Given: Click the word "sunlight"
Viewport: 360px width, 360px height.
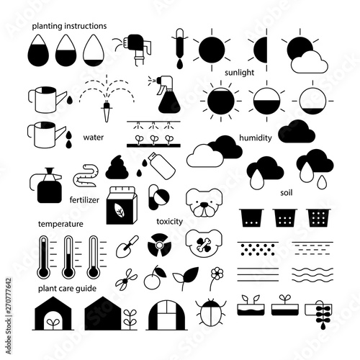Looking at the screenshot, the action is [x=239, y=73].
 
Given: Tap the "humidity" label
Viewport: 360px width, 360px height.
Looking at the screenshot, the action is [x=256, y=138].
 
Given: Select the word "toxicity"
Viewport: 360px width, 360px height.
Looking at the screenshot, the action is [x=170, y=221].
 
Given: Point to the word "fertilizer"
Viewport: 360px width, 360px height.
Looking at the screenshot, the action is [x=84, y=200].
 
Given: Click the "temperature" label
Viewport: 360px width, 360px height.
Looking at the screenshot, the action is [x=60, y=224].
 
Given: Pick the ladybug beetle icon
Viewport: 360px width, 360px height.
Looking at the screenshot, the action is [x=211, y=312].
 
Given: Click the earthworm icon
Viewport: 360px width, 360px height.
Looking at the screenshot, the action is [x=86, y=176].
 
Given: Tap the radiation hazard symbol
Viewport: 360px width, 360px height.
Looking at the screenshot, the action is [x=159, y=245].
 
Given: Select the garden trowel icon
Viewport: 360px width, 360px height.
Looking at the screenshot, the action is [x=127, y=246].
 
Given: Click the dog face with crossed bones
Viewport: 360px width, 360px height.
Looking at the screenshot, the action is [x=204, y=243].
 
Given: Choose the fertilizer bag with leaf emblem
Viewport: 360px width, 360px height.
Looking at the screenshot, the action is [x=122, y=205].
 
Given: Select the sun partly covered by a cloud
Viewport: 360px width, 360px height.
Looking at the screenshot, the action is [x=305, y=54].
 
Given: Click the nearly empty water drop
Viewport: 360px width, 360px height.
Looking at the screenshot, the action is [x=94, y=50].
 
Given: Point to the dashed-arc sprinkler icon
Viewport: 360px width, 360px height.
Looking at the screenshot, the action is [x=107, y=98].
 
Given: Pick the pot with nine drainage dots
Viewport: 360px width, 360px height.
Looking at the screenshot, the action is [x=318, y=217].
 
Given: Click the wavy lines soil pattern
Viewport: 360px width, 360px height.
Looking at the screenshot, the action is [x=312, y=275].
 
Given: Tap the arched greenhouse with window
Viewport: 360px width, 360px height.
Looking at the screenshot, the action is [x=166, y=315].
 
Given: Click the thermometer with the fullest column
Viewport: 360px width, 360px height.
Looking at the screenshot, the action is [x=43, y=257].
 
